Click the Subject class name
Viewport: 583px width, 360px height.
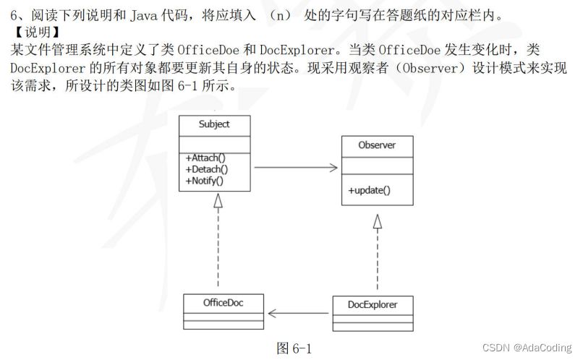point(214,124)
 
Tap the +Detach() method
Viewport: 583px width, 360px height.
point(207,169)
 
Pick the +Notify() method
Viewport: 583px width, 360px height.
point(205,180)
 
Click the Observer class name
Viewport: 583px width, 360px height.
point(377,145)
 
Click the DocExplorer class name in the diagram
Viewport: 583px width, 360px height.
point(373,304)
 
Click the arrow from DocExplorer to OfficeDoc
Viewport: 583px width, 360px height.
point(299,313)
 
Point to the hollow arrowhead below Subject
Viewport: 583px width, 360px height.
point(218,200)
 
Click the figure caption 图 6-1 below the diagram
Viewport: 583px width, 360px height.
point(294,348)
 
